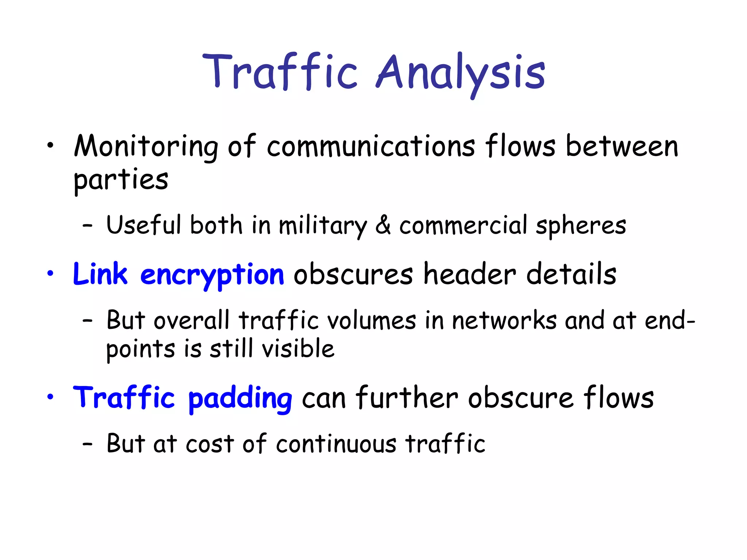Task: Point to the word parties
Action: pos(121,180)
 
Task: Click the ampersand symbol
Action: pos(383,225)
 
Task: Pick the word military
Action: pos(322,226)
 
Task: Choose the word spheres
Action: pos(581,226)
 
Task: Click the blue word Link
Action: pos(100,274)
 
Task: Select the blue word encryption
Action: pos(212,276)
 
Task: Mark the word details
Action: pos(571,274)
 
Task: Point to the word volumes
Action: pos(371,321)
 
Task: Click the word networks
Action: pos(504,321)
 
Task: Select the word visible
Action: pos(298,349)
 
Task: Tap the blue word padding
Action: pos(240,399)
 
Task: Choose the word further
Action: pos(407,397)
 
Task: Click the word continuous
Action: pos(336,444)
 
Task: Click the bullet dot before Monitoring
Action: pos(50,146)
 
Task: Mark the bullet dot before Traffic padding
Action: pos(50,397)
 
